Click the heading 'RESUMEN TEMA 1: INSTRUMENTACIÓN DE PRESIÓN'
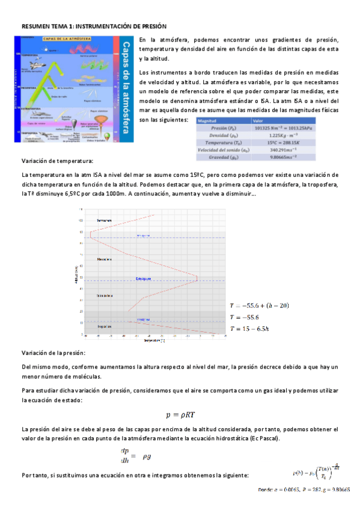pos(94,27)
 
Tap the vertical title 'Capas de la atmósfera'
pos(125,90)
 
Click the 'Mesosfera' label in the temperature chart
pos(105,259)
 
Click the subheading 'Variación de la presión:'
pos(53,352)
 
